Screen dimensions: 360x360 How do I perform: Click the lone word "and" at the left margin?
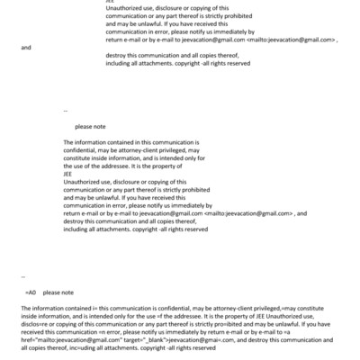coord(25,47)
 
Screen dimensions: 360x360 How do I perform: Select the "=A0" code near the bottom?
coord(30,293)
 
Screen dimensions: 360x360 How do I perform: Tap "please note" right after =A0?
coord(58,293)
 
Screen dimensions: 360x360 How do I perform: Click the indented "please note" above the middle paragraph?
coord(90,127)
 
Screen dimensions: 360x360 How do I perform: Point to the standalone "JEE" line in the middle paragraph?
coord(69,172)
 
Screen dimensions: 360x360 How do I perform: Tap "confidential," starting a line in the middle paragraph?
coord(82,150)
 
